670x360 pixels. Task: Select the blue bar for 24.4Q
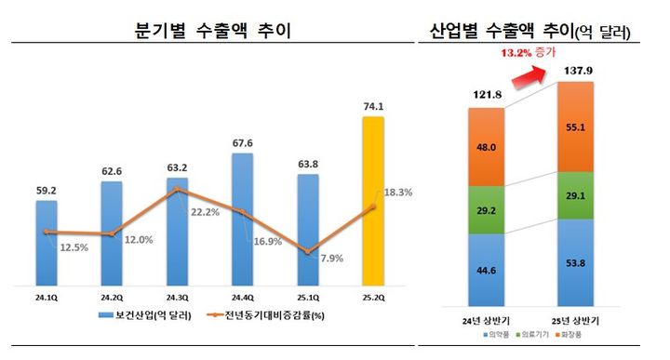(242, 219)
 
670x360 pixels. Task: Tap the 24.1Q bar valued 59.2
(46, 242)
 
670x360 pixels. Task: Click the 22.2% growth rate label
(203, 213)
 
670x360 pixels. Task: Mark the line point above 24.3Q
(177, 190)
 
